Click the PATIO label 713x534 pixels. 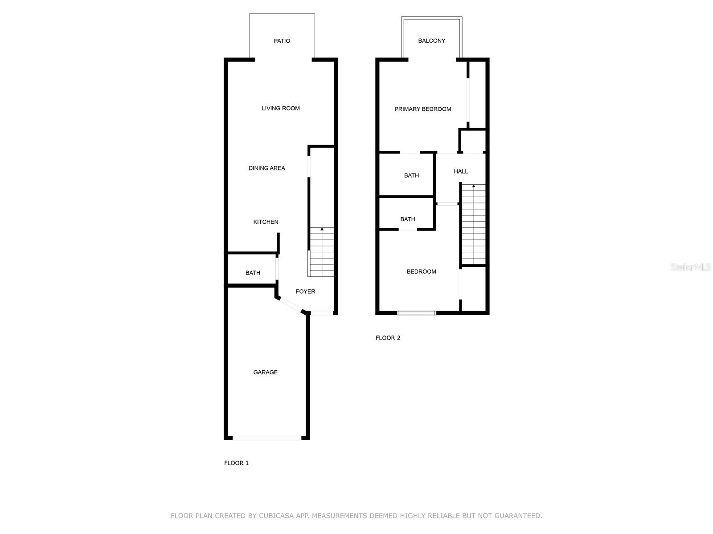coord(282,41)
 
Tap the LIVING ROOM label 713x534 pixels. coord(281,108)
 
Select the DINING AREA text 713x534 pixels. coord(266,168)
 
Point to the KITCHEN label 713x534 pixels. coord(266,222)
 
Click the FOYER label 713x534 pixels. coord(305,291)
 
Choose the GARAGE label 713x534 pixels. coord(265,372)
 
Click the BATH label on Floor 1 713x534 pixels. coord(253,273)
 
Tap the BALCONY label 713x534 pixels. coord(431,41)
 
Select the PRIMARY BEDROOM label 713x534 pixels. coord(422,109)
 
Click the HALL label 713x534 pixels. coord(461,171)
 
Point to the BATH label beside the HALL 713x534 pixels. coord(411,175)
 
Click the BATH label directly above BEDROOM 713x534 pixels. coord(407,219)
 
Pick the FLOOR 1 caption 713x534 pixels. coord(236,463)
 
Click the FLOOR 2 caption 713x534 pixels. coord(388,338)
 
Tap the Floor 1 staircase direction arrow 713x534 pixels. coord(322,229)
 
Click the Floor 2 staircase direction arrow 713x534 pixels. coord(474,186)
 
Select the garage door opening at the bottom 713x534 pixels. coord(267,438)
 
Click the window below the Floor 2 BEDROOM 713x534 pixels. coord(417,313)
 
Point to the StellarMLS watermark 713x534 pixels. coord(690,267)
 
